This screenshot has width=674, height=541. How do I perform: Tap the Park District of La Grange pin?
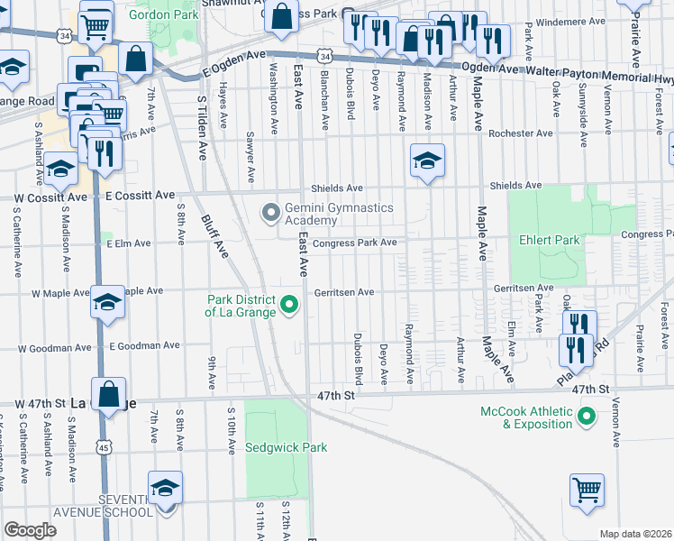[x=289, y=307]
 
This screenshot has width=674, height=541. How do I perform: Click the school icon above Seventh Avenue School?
[x=165, y=488]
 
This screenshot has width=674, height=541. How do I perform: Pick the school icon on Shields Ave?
[x=427, y=160]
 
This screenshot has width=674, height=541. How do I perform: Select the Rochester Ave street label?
[x=519, y=133]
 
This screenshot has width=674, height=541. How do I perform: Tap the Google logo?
[x=30, y=530]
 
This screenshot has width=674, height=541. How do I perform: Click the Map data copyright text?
[x=636, y=534]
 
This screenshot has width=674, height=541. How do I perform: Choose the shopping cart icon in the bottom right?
[x=587, y=491]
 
